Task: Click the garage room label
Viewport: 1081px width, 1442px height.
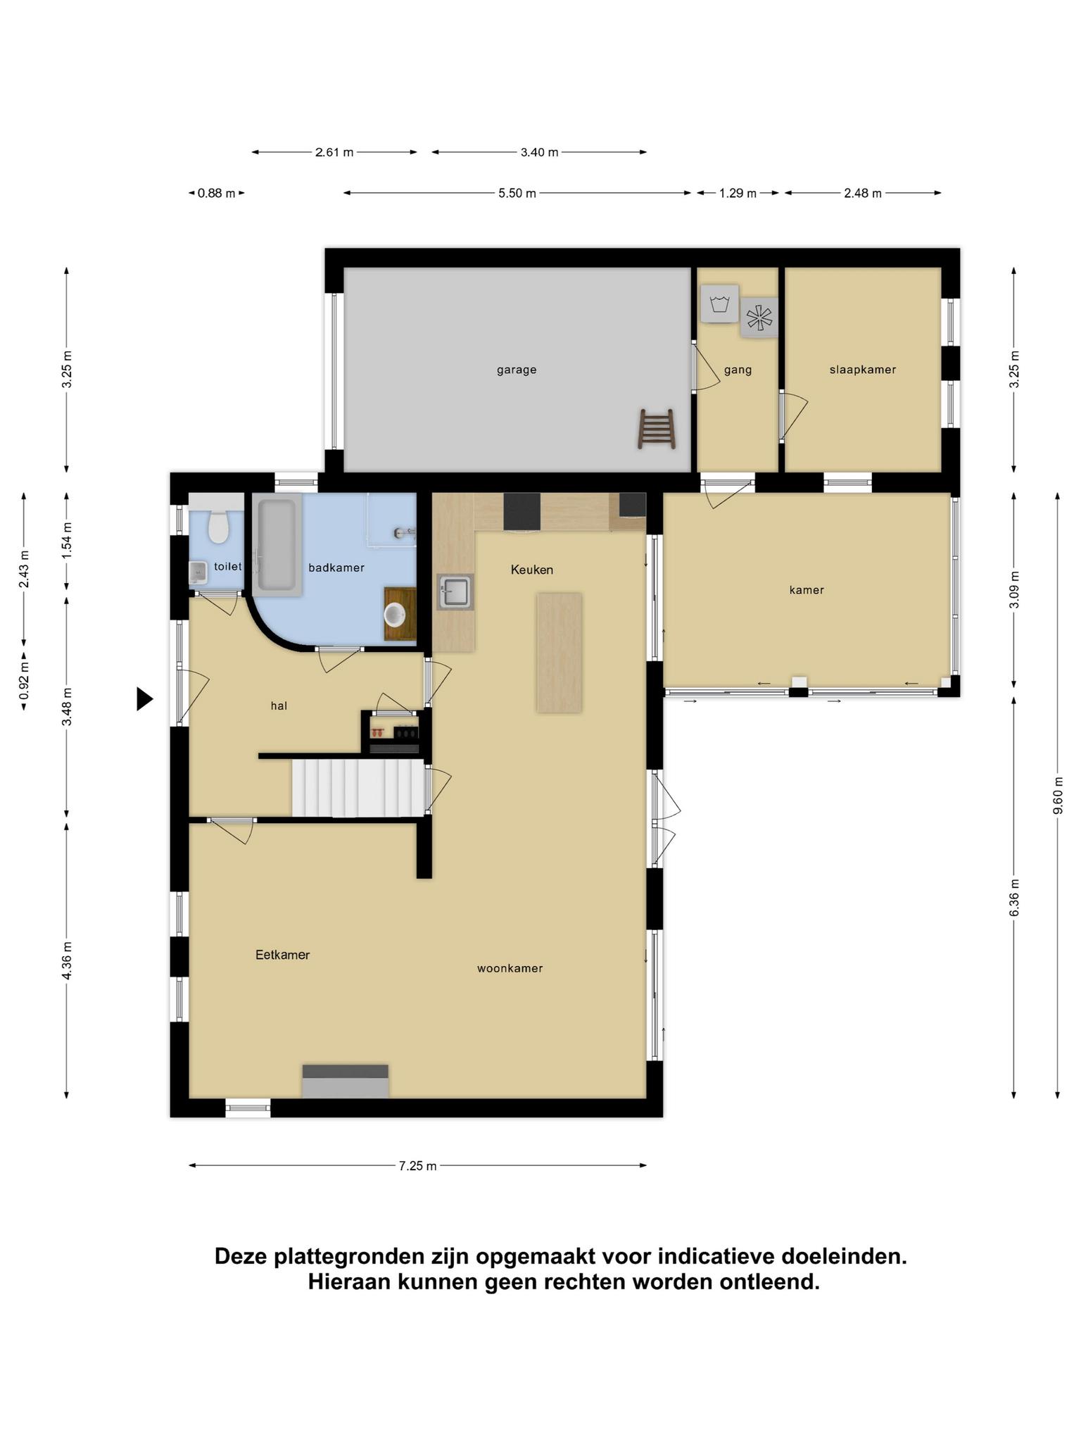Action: [517, 370]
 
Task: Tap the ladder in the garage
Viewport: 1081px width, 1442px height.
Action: [657, 429]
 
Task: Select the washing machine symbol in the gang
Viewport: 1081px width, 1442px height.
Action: [719, 304]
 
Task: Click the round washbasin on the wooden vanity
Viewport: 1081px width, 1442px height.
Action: [394, 615]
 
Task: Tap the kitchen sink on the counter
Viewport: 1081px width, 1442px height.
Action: [455, 591]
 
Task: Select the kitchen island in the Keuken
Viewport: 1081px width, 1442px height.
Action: [560, 653]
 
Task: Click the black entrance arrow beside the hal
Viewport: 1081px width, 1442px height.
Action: [144, 699]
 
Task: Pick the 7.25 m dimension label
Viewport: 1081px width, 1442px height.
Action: [418, 1166]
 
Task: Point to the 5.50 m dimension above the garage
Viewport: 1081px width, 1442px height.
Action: [517, 193]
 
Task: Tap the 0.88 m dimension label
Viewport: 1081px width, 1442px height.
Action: [217, 193]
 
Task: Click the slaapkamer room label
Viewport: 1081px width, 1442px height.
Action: [863, 370]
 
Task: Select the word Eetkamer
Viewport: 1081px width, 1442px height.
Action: [282, 955]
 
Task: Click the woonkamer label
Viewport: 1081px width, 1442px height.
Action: [510, 968]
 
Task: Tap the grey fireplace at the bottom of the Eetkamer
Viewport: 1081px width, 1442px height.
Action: [346, 1081]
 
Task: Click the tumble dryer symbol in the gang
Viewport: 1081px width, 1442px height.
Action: [759, 318]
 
